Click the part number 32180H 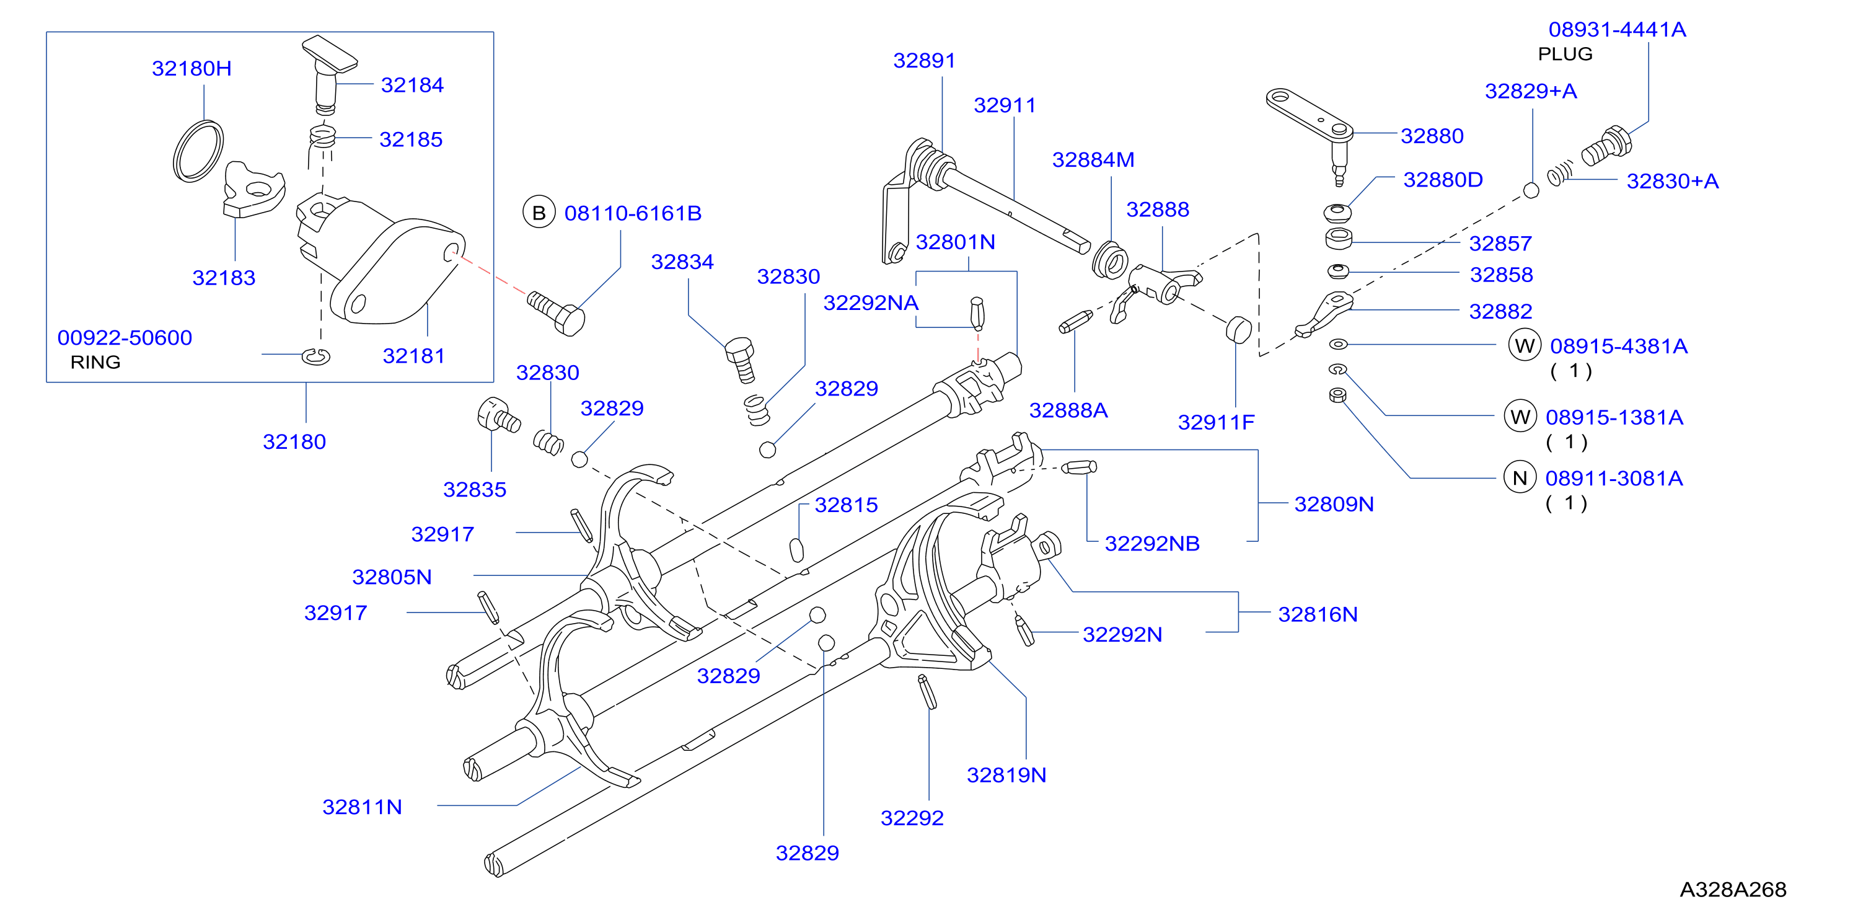[192, 69]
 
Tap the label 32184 [412, 85]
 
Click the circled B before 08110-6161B [539, 213]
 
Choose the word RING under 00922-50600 [95, 362]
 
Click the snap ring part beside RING [316, 356]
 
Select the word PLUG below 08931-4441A [1565, 54]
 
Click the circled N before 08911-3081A [1520, 478]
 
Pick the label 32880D [1443, 180]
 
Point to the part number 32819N [1006, 775]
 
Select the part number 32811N [362, 807]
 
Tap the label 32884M [1093, 159]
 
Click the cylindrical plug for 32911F [1238, 330]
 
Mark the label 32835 [475, 489]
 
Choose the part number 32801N [955, 242]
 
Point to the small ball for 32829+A [1531, 190]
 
